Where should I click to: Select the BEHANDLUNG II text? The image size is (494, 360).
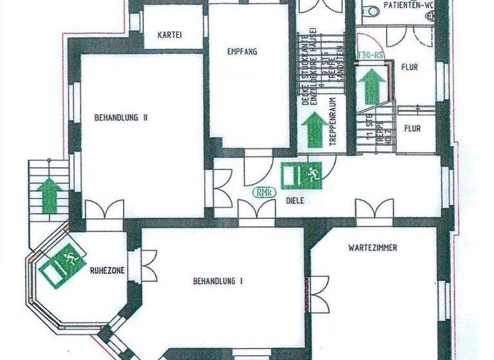122,118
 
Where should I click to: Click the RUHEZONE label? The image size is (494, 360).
106,271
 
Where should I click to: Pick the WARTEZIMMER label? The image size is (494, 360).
372,247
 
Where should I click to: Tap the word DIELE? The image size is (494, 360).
295,201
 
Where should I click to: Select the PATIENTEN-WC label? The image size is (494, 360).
408,5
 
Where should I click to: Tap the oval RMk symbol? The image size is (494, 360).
262,192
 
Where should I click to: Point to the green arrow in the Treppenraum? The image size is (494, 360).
315,129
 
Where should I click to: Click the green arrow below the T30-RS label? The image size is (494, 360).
372,85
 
